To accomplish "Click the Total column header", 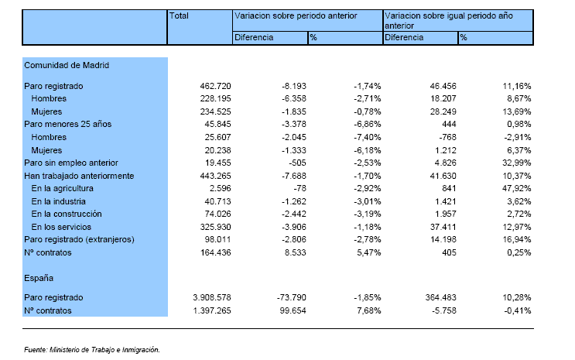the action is pos(179,15).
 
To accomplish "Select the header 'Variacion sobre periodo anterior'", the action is pos(296,15).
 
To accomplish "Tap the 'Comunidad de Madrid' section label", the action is pos(67,65).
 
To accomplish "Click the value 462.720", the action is pos(215,86).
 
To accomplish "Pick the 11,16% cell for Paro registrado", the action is pos(517,86).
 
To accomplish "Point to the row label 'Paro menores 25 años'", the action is pos(67,124).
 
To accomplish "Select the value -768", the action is pos(447,137).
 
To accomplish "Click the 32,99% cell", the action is pos(517,163).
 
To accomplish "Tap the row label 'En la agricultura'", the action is pos(63,189).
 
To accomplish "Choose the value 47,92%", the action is pos(517,189).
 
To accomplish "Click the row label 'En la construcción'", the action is pos(67,214).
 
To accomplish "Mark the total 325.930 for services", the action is pos(215,227).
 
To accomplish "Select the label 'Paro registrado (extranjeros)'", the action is pos(79,240).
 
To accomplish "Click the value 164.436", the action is pos(215,253).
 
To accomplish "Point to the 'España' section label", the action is pos(39,278).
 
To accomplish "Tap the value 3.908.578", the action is pos(212,297).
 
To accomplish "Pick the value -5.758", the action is pos(444,310).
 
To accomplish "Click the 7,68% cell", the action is pos(368,310).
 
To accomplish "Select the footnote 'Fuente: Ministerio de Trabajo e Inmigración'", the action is pos(92,350).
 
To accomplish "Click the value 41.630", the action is pos(443,177).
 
